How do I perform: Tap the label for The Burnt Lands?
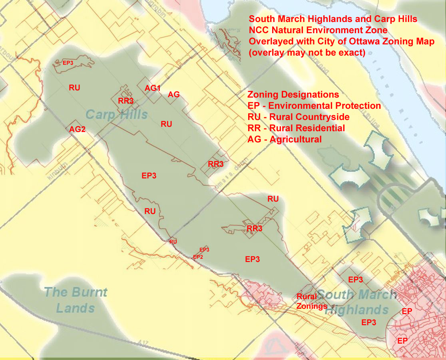tap(76, 300)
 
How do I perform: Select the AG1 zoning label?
tap(153, 88)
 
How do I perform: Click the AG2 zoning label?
tap(78, 130)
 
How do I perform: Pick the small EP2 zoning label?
tap(198, 257)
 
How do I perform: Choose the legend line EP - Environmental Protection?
tap(314, 106)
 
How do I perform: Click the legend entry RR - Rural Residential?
tap(296, 128)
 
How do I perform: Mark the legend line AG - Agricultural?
tap(285, 140)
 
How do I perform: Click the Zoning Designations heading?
tap(293, 95)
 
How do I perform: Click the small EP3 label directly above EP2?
tap(204, 250)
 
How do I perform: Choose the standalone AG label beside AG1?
tap(173, 95)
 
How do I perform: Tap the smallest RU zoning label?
tap(173, 242)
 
